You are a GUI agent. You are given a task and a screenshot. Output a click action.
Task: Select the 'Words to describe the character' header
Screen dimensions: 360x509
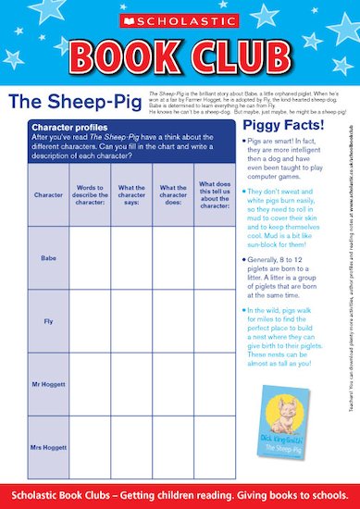(90, 195)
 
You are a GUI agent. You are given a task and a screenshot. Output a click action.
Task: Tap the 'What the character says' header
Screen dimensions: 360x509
(132, 195)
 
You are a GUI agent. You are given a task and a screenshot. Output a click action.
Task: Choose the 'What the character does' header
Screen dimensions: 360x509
(173, 195)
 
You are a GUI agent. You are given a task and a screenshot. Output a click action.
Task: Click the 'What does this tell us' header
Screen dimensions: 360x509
(214, 195)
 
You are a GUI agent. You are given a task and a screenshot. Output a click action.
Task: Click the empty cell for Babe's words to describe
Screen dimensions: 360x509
(90, 259)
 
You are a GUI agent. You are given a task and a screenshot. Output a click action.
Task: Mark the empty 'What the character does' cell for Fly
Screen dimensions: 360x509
(173, 322)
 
